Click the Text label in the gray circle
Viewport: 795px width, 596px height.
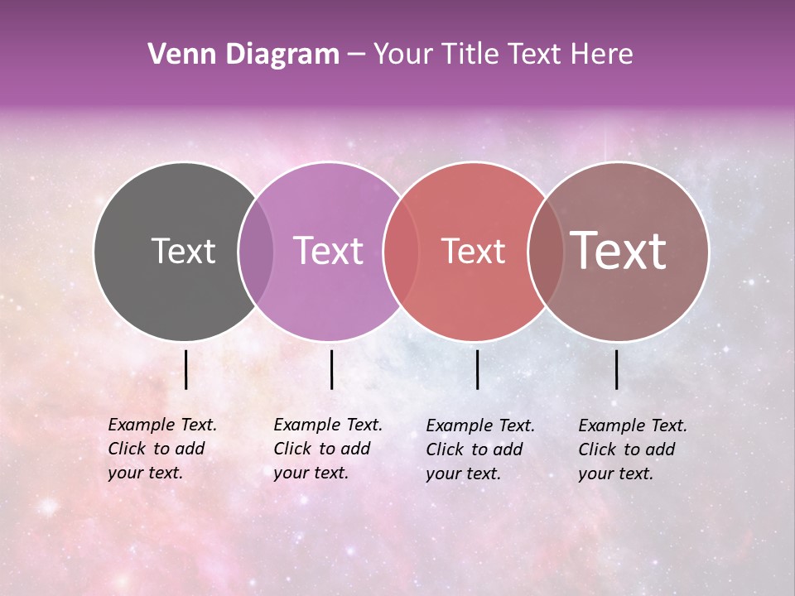[x=183, y=251]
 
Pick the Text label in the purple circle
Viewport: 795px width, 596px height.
[x=328, y=251]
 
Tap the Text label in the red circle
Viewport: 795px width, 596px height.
[x=473, y=251]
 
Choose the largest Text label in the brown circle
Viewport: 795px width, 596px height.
[x=618, y=251]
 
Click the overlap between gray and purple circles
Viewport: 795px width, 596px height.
[x=256, y=251]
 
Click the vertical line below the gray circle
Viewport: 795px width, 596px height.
[x=186, y=369]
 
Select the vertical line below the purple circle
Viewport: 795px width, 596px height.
[x=331, y=369]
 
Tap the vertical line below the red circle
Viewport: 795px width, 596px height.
[x=478, y=369]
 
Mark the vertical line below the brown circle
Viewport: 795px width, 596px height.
[x=617, y=369]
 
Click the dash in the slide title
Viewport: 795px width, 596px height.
[x=355, y=55]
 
